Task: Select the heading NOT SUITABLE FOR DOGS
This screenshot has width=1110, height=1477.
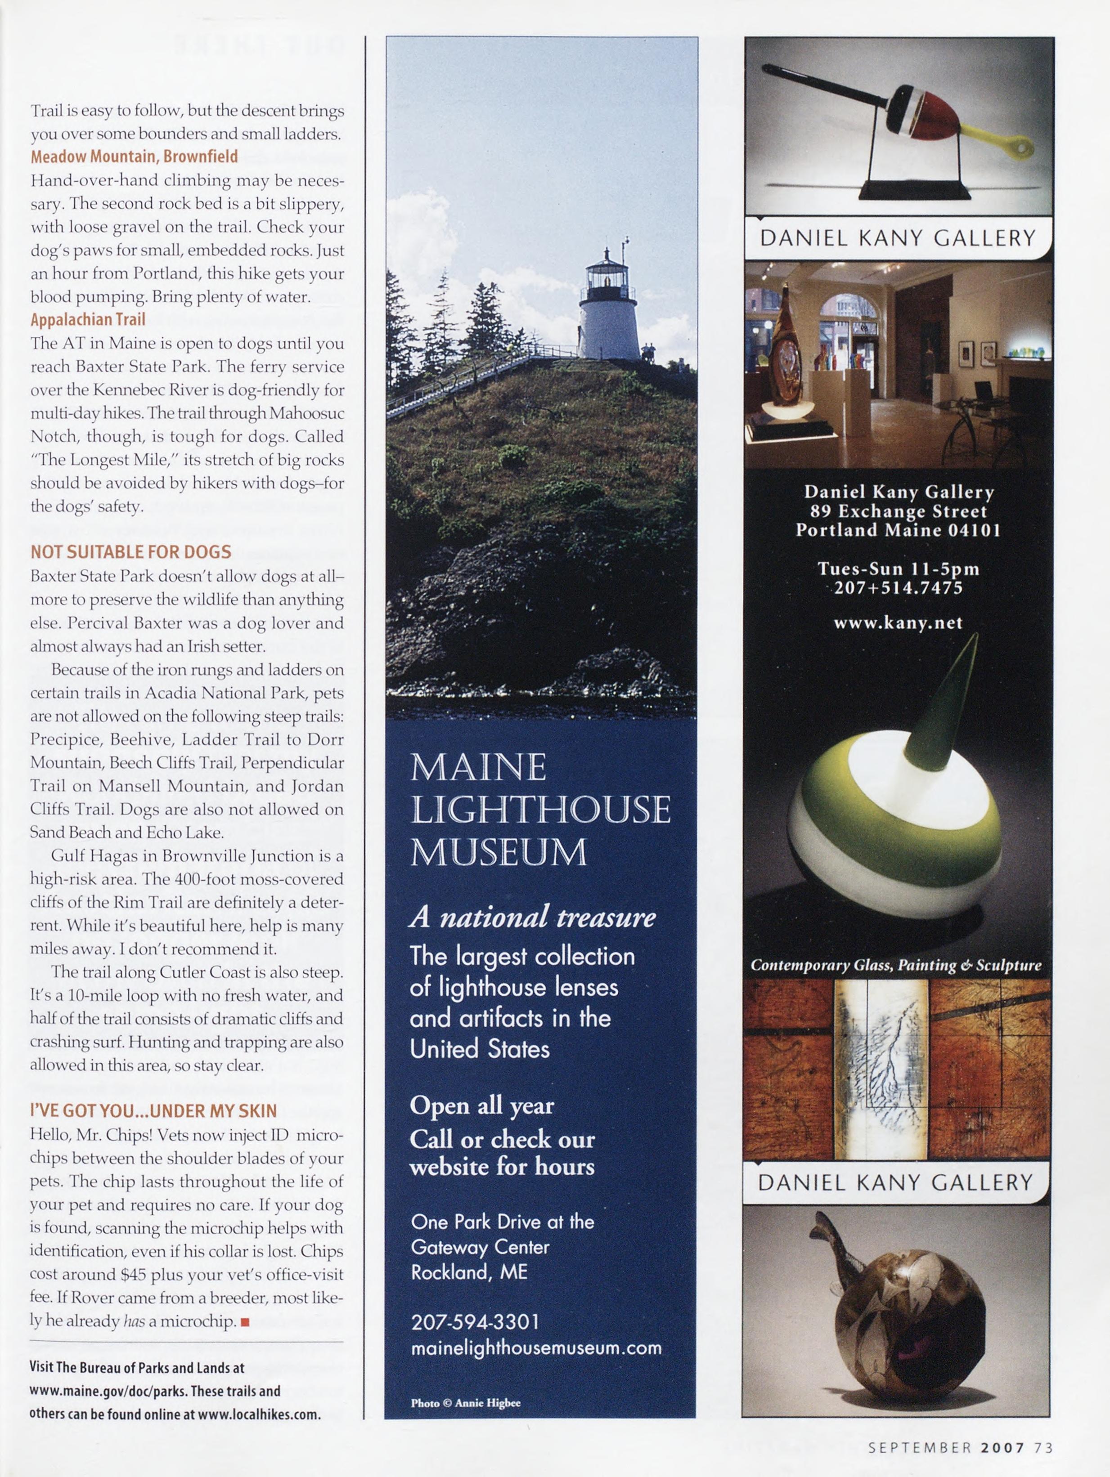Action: pos(131,551)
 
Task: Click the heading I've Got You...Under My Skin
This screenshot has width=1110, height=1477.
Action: pos(153,1110)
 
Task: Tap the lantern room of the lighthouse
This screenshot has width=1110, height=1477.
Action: pos(607,275)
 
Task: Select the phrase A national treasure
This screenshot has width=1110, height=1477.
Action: pos(532,917)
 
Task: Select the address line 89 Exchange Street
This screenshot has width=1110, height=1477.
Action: pos(898,511)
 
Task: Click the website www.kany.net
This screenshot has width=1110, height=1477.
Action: pos(898,623)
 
